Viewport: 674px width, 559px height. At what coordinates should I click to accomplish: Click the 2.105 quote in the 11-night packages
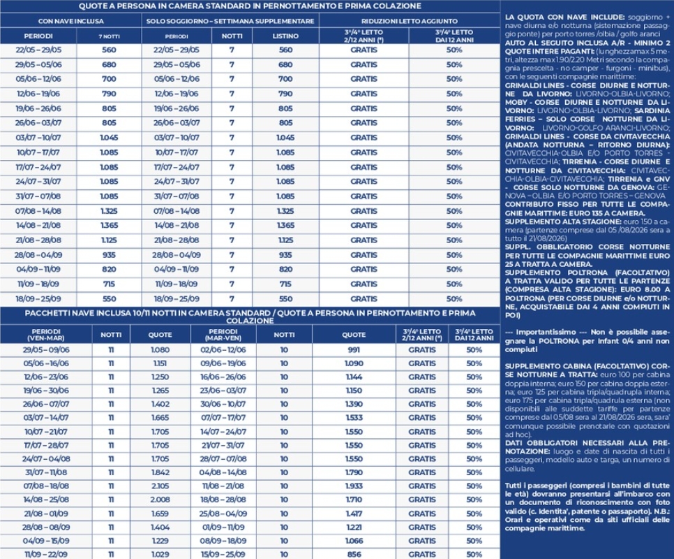pyautogui.click(x=160, y=486)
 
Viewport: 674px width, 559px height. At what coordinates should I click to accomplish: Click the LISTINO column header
pyautogui.click(x=285, y=35)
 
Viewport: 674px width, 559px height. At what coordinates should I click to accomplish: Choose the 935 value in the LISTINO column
pyautogui.click(x=285, y=254)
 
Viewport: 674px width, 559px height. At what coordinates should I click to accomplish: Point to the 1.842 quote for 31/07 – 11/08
pyautogui.click(x=160, y=472)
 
